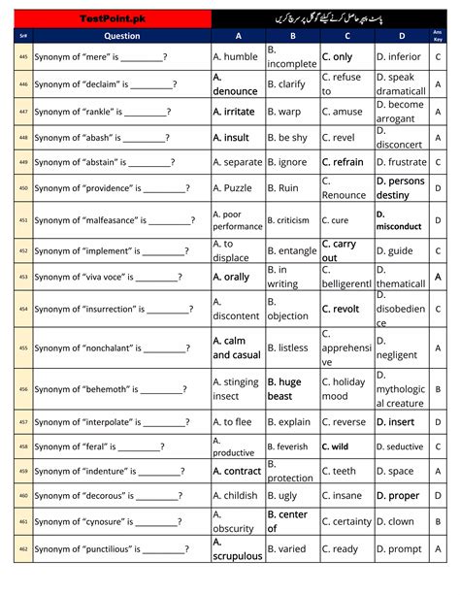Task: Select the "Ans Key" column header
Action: point(439,36)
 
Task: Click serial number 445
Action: point(23,57)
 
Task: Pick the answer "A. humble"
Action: point(236,57)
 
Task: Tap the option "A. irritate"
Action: point(234,112)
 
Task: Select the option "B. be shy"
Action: point(287,138)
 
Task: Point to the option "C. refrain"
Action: point(343,162)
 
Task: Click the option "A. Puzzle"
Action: point(232,188)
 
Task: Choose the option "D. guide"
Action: point(395,251)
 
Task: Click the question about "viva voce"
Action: point(109,278)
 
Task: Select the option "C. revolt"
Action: point(341,309)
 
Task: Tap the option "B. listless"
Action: point(287,347)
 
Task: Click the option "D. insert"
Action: point(395,422)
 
